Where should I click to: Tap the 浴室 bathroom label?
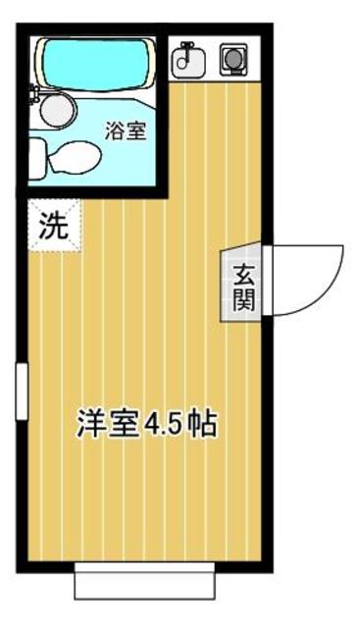126,130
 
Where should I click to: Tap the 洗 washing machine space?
53,227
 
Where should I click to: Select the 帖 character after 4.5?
203,425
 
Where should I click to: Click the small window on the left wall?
21,392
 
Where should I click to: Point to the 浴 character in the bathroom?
114,130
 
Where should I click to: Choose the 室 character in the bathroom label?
136,130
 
